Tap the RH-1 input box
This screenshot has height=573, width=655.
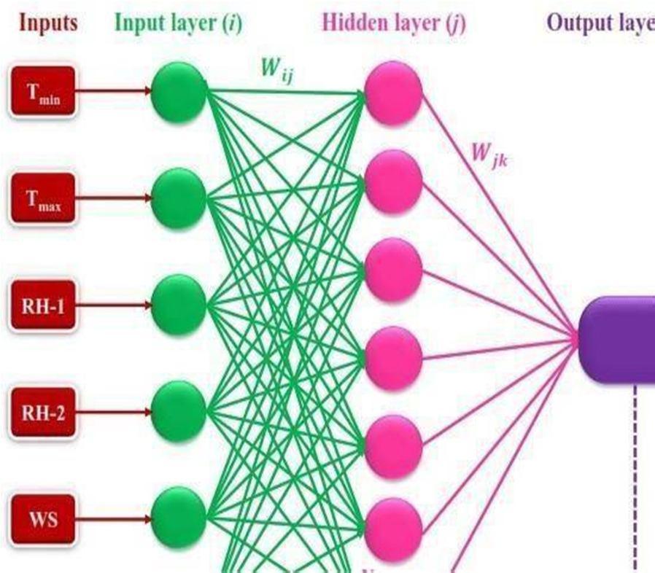42,305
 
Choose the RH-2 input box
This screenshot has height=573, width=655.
42,413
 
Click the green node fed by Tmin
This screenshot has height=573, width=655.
179,92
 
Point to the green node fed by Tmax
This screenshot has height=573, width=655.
179,197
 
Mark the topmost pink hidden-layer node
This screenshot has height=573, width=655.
393,93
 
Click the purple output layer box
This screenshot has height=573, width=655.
619,338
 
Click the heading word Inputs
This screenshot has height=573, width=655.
48,23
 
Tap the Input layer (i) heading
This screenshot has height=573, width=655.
178,23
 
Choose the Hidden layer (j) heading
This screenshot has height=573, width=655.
393,23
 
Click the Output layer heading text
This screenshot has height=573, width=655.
600,23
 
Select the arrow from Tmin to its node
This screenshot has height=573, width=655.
113,92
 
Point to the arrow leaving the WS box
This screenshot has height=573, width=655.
113,519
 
